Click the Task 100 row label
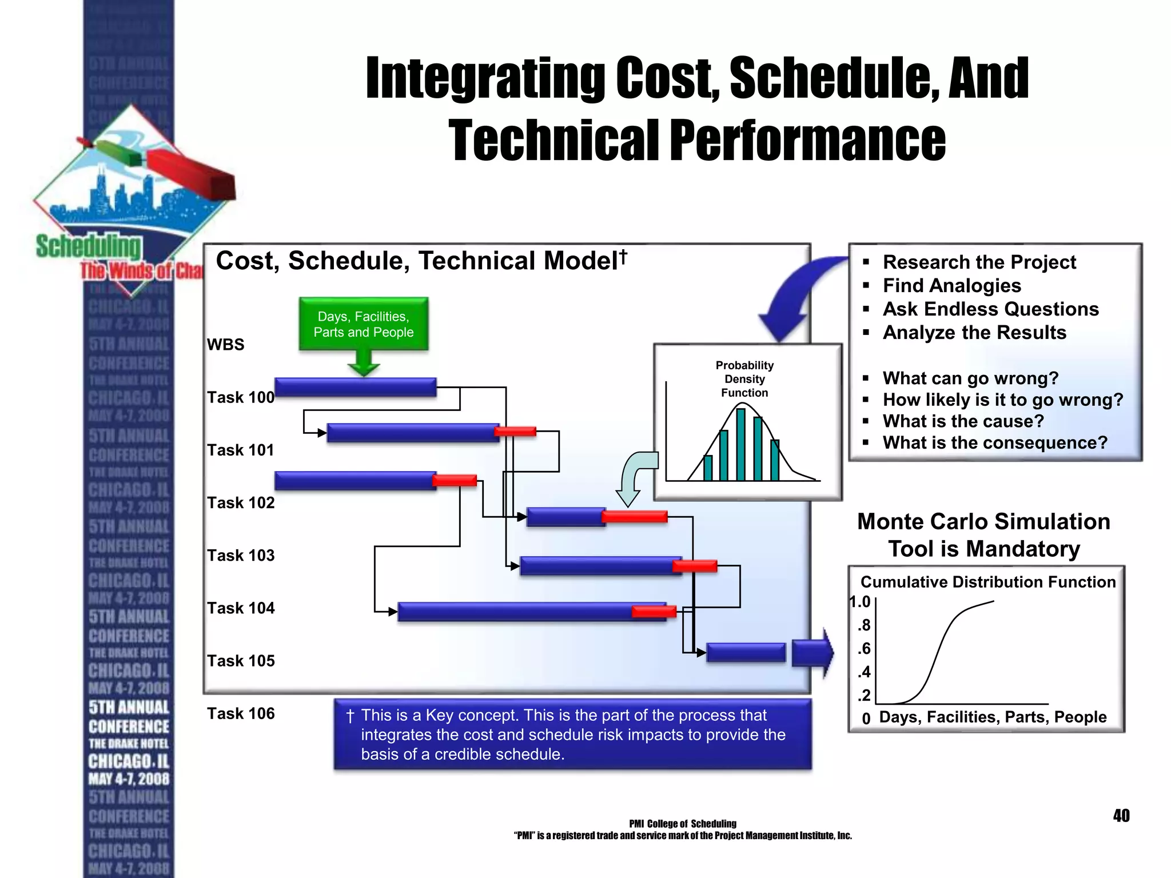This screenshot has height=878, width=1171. pyautogui.click(x=241, y=397)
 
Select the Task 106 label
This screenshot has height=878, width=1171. pyautogui.click(x=241, y=713)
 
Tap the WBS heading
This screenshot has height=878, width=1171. pyautogui.click(x=225, y=345)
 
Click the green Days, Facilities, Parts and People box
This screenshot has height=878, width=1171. pyautogui.click(x=364, y=324)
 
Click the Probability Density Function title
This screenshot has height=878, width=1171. pyautogui.click(x=744, y=378)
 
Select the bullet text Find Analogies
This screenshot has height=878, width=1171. pyautogui.click(x=951, y=285)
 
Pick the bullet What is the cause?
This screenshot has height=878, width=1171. pyautogui.click(x=963, y=421)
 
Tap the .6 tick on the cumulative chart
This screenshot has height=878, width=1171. pyautogui.click(x=863, y=649)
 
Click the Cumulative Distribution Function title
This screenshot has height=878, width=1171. pyautogui.click(x=987, y=582)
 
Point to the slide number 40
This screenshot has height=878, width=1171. pyautogui.click(x=1121, y=816)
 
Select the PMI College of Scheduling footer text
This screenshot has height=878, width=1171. pyautogui.click(x=682, y=824)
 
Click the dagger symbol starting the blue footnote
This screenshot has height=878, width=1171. pyautogui.click(x=350, y=716)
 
